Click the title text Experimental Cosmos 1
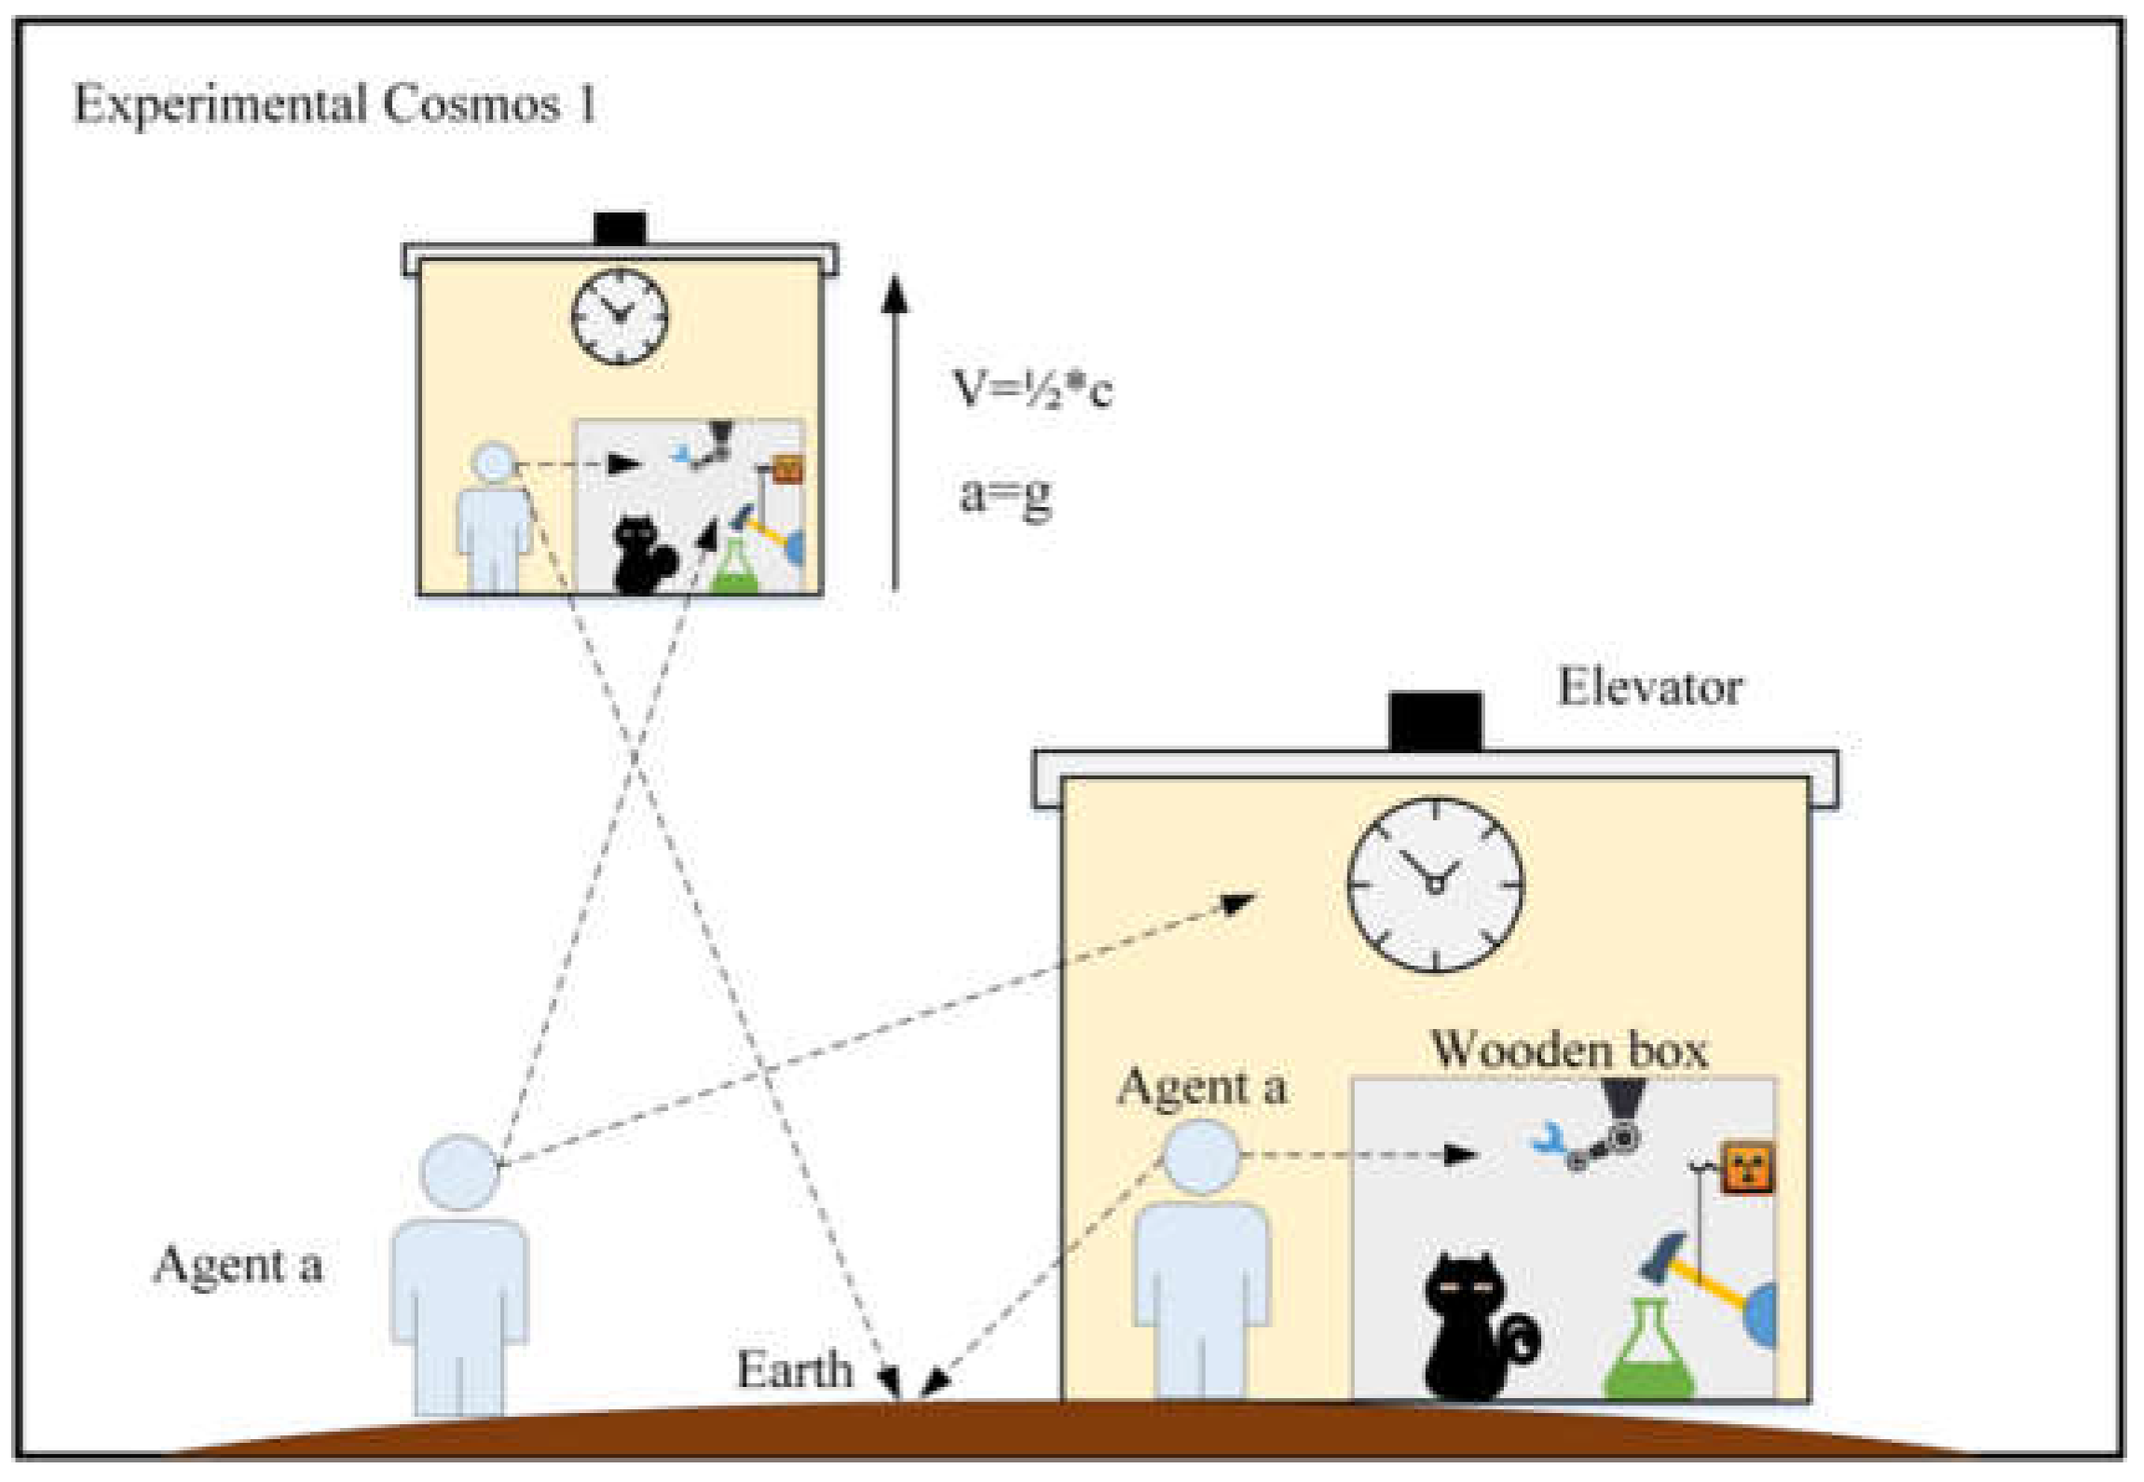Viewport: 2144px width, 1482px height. [x=334, y=104]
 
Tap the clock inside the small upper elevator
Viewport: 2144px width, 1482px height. [x=620, y=316]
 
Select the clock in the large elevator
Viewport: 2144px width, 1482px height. [x=1435, y=884]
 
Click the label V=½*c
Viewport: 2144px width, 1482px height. [x=1031, y=389]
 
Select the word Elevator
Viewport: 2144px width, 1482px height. [x=1649, y=689]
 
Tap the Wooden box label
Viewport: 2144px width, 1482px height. [x=1569, y=1050]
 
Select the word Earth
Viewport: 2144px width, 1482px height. [x=794, y=1370]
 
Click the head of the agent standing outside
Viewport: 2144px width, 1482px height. [x=460, y=1173]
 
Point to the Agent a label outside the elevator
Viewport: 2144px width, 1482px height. [x=239, y=1265]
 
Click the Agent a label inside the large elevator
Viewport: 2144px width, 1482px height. [x=1202, y=1087]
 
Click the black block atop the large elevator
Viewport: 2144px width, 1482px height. [x=1435, y=720]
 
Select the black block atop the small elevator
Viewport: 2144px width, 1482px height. [x=621, y=229]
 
